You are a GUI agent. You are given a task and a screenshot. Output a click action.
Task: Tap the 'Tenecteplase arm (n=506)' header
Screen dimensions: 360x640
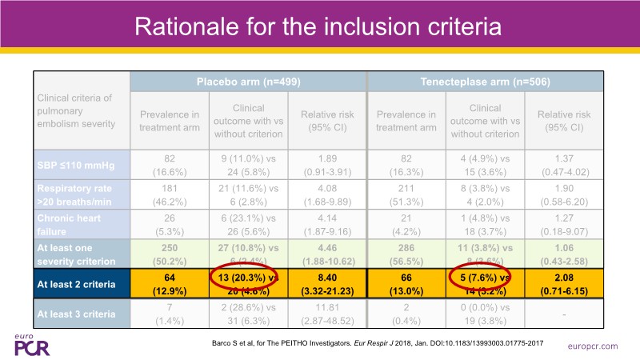[x=484, y=82]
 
